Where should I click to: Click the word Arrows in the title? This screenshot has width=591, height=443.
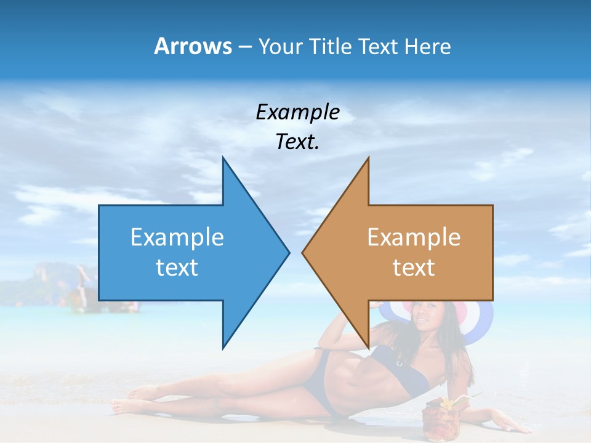[193, 46]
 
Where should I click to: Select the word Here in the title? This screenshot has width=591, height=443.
[427, 46]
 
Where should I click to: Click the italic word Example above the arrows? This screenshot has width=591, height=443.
[297, 112]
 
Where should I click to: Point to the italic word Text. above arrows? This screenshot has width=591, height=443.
[297, 142]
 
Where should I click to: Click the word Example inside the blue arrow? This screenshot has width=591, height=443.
[177, 237]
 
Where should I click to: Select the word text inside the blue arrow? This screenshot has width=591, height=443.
[177, 267]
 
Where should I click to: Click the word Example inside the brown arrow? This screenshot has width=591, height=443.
[414, 237]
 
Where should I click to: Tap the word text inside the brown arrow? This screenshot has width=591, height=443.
[414, 267]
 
